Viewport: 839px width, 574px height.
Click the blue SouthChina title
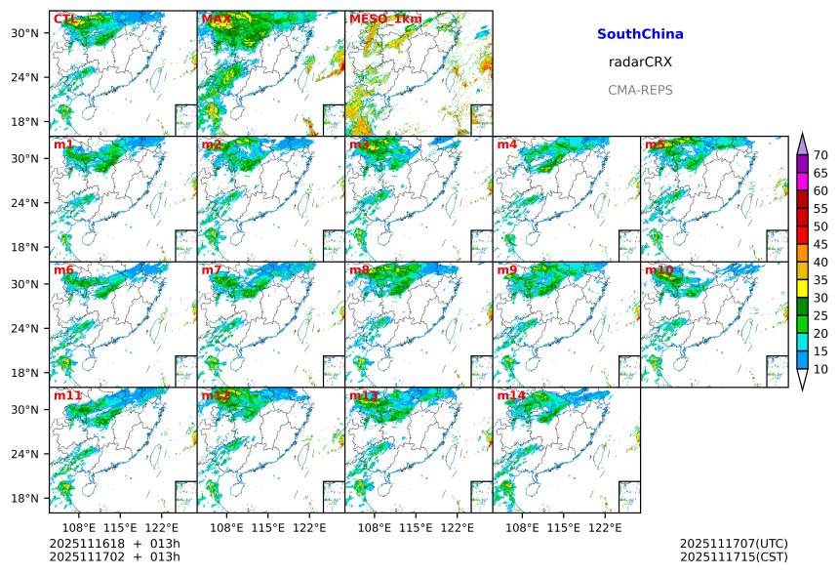click(640, 34)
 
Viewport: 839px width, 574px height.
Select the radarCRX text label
click(640, 62)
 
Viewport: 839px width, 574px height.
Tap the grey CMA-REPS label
click(640, 90)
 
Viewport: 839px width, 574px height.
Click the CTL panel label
click(64, 19)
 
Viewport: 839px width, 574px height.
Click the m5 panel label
click(655, 144)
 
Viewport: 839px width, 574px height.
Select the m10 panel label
click(659, 269)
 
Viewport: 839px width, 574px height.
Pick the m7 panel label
click(212, 269)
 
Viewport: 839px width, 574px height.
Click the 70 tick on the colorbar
click(820, 155)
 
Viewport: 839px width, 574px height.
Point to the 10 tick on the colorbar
click(820, 369)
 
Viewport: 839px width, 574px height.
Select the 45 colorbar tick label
click(820, 244)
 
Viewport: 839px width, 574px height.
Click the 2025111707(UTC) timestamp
click(733, 544)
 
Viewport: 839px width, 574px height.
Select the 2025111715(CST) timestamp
click(733, 556)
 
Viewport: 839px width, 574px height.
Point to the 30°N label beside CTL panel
click(23, 33)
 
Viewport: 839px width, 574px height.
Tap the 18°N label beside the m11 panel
click(23, 498)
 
